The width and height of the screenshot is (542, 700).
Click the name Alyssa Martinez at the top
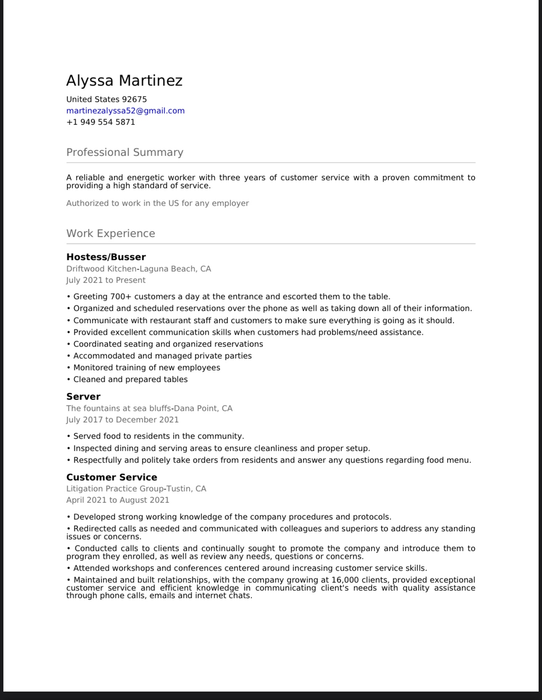click(124, 80)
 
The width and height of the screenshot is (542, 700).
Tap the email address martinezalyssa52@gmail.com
click(125, 111)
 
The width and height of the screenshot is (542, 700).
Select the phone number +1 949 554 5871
click(100, 122)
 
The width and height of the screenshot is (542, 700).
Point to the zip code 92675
click(134, 99)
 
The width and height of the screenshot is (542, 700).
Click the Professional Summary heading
click(125, 152)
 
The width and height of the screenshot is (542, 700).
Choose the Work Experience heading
click(111, 233)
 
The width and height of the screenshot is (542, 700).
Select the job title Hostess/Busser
click(106, 257)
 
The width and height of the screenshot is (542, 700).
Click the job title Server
click(83, 396)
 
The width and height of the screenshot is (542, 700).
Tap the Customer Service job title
click(112, 477)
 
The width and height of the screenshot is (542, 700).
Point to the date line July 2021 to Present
click(106, 280)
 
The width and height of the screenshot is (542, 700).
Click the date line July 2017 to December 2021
click(122, 420)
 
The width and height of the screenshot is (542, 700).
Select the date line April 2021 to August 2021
click(118, 500)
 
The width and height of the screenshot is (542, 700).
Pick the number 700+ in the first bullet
click(121, 296)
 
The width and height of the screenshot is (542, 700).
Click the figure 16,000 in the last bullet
click(345, 580)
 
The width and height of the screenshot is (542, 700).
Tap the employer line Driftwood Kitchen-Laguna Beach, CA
click(139, 269)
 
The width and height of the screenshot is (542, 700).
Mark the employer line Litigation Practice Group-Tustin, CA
click(136, 489)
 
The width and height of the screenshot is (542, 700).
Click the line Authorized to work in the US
click(158, 203)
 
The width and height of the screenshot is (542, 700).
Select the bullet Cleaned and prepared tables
click(130, 379)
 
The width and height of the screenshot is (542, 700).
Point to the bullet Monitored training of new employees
click(147, 367)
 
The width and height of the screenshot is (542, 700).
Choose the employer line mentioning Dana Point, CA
click(149, 408)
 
